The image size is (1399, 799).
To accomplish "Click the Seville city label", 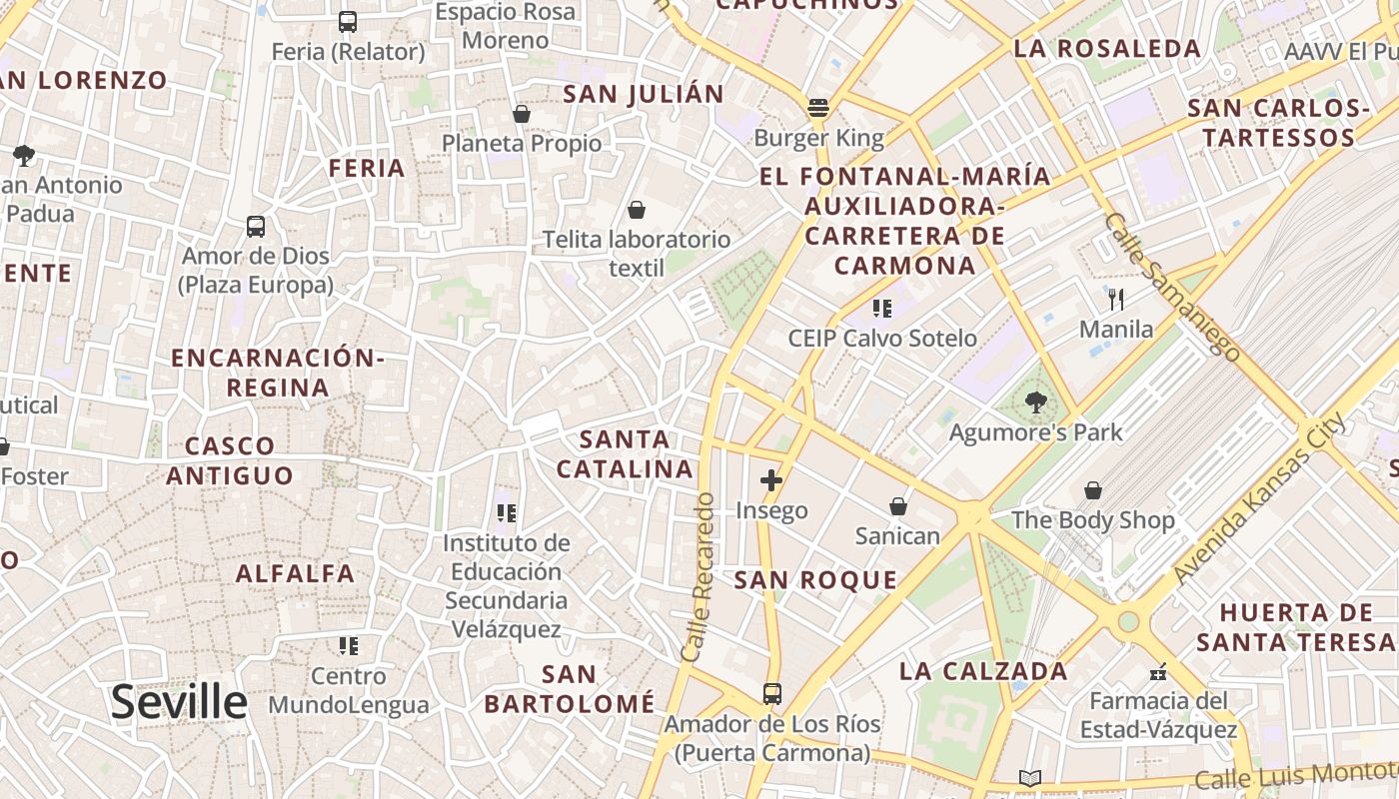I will click(x=179, y=702).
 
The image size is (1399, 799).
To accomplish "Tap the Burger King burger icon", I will click(x=818, y=108).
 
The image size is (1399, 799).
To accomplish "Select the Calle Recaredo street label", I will click(x=699, y=576).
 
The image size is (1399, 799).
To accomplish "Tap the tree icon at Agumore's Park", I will click(x=1036, y=403).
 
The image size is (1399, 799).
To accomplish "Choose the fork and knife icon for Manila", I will click(x=1116, y=299).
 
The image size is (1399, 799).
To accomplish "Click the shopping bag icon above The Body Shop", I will click(x=1093, y=490).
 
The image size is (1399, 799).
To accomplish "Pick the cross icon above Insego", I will click(x=771, y=480).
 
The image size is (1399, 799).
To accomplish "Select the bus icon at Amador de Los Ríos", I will click(x=771, y=693).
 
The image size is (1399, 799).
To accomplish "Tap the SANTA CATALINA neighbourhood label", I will click(x=625, y=453).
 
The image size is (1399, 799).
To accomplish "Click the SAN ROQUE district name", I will click(x=815, y=580).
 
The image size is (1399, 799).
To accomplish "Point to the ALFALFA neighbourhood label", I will click(x=295, y=573).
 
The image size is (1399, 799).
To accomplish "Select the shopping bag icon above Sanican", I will click(x=898, y=506).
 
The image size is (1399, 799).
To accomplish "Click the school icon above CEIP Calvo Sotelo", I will click(x=881, y=308).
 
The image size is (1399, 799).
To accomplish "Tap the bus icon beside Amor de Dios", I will click(x=256, y=227).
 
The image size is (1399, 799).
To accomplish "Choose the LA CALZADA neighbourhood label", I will click(x=983, y=671).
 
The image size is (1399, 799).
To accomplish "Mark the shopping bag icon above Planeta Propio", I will click(x=521, y=114).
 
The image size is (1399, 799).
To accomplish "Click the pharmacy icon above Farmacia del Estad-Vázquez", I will click(x=1158, y=671).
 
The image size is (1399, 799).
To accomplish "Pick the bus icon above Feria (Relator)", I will click(x=348, y=21).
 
